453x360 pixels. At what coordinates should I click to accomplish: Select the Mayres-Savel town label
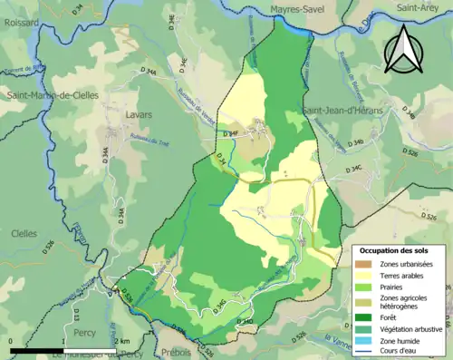298,10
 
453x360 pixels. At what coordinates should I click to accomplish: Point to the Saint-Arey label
417,7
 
